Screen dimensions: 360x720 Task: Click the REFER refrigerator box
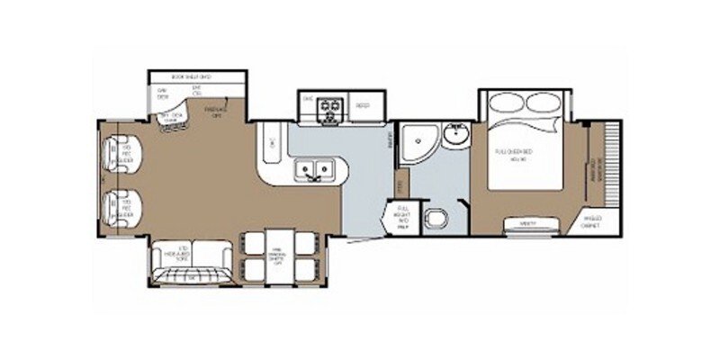pos(363,105)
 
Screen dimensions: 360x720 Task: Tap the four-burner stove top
pos(330,105)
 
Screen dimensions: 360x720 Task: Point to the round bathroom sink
pos(457,137)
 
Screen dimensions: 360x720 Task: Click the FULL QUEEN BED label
pos(514,153)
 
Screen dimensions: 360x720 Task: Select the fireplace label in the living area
pos(216,112)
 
